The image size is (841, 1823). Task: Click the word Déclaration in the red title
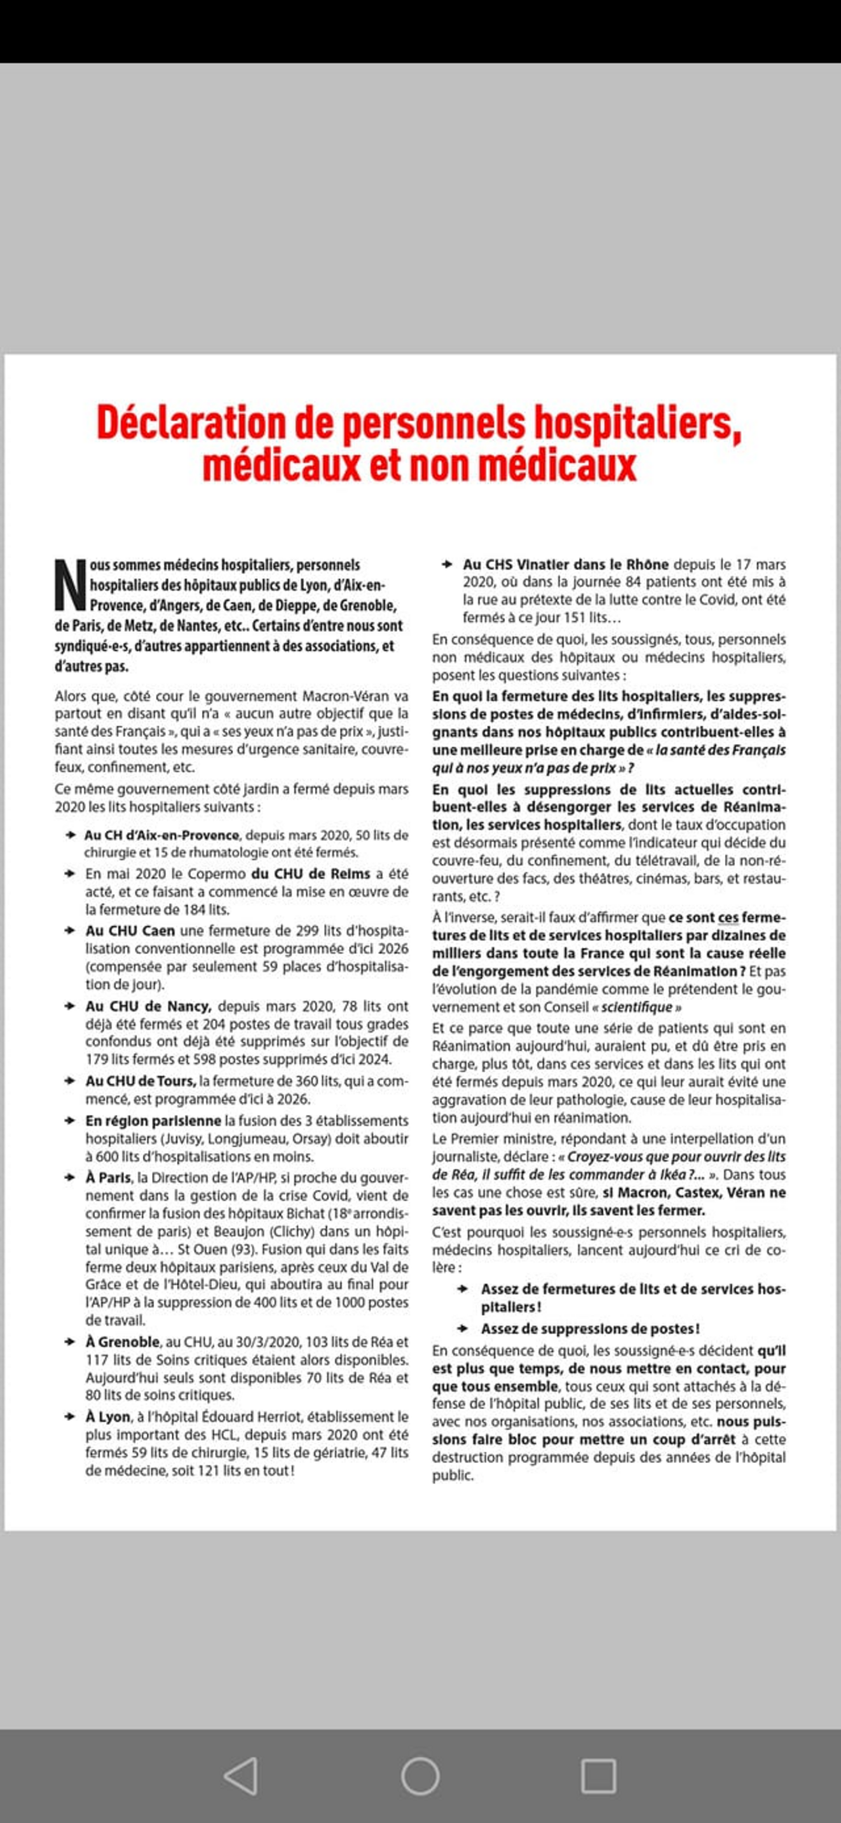[189, 422]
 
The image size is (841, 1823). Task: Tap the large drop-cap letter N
[70, 585]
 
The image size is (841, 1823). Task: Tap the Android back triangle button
[240, 1775]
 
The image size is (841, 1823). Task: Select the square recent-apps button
[599, 1775]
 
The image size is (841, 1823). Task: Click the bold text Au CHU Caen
[130, 931]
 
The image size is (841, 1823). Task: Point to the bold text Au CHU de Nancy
[148, 1006]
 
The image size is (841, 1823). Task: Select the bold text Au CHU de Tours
[140, 1081]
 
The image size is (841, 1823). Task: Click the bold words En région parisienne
[153, 1120]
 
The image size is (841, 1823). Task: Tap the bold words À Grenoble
[123, 1342]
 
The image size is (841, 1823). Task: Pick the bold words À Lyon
[107, 1417]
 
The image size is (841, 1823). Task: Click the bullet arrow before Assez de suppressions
[463, 1328]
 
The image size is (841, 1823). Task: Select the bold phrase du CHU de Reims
[310, 873]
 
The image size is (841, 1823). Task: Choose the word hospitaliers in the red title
[636, 422]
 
